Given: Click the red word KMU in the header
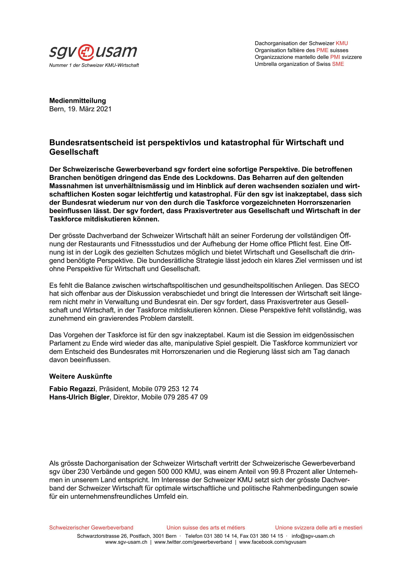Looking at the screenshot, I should pos(342,43).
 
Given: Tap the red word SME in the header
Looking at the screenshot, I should pos(338,64).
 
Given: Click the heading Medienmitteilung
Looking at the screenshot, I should pos(77,101).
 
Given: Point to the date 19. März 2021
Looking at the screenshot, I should pos(90,109).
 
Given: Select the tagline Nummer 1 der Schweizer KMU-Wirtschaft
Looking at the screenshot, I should pos(94,65).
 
